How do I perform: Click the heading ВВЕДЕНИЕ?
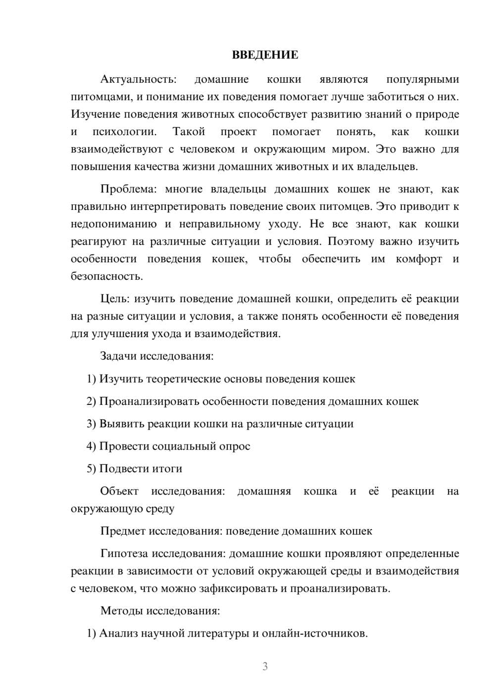pos(265,55)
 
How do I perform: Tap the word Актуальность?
pos(138,80)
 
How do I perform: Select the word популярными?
pos(422,80)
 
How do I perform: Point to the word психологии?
pos(124,132)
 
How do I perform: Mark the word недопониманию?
pos(114,224)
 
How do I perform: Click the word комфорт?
pos(419,259)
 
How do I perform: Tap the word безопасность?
pos(106,276)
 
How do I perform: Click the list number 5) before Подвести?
pos(92,469)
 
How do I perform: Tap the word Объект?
pos(119,491)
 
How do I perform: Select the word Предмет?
pos(122,531)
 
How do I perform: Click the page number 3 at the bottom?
pos(265,666)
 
